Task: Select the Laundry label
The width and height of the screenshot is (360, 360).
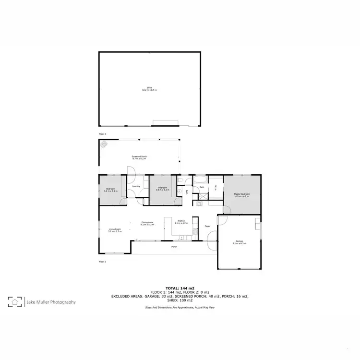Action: coord(136,186)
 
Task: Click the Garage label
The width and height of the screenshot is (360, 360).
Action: coord(239,242)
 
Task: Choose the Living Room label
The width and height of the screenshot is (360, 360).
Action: coord(114,230)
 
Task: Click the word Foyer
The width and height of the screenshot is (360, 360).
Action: coord(207,226)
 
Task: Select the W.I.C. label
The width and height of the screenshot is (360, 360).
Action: coord(216,188)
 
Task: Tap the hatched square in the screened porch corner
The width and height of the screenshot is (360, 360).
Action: coord(104,144)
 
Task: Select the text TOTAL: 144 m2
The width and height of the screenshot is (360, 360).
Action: coord(180,288)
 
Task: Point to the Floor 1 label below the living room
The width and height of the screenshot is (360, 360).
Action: coord(102,262)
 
